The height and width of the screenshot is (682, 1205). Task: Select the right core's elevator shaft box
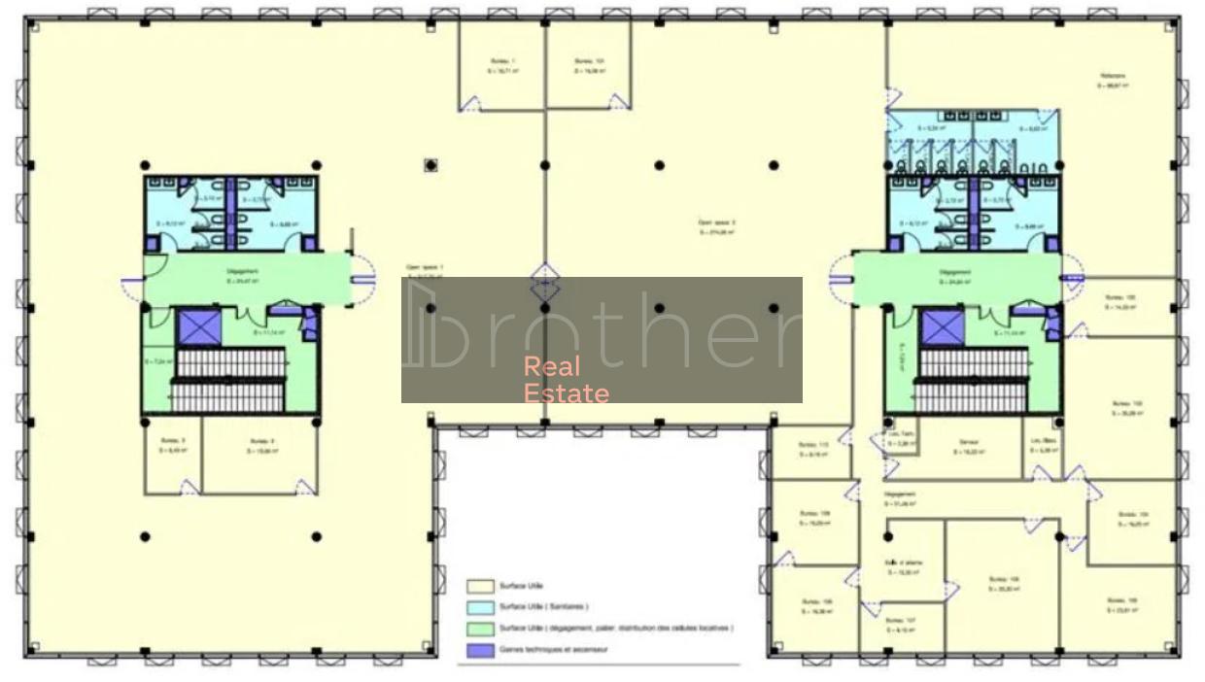[x=941, y=327]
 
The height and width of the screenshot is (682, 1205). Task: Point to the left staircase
[x=230, y=380]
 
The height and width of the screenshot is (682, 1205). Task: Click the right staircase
[x=973, y=380]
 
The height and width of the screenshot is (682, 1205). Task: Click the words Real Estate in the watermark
[x=566, y=380]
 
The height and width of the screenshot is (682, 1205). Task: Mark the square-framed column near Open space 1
[x=430, y=165]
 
